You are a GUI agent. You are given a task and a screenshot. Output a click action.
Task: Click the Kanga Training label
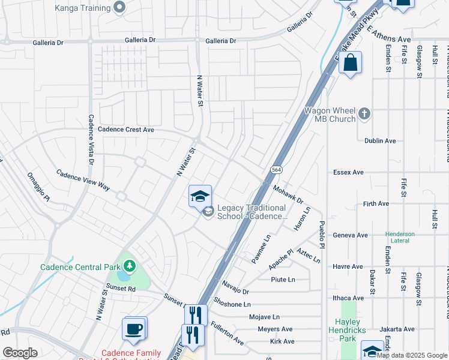coord(82,8)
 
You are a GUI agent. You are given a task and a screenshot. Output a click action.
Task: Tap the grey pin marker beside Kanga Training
coord(119,8)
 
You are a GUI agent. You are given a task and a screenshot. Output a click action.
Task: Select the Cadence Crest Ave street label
coord(126,129)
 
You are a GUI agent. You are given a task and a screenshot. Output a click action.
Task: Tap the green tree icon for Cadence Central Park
coord(129,265)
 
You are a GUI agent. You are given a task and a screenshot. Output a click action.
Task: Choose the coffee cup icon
coord(134,329)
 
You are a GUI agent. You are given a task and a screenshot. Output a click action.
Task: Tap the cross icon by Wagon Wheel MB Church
coord(364,113)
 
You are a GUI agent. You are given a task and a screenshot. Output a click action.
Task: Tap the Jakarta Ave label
coord(397,329)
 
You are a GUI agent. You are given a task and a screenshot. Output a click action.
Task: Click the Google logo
coord(20,353)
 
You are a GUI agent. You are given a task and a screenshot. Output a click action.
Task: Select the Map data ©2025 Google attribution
coord(412,355)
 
